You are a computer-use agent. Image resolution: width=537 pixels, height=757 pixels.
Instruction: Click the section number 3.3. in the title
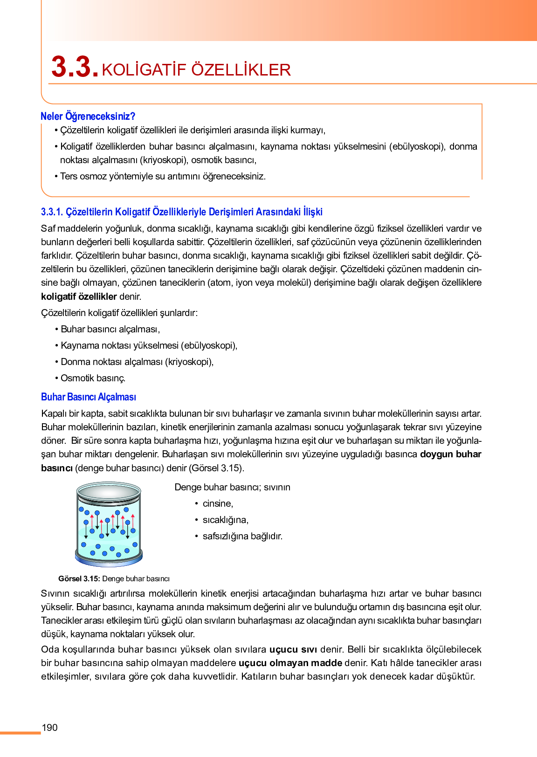point(75,67)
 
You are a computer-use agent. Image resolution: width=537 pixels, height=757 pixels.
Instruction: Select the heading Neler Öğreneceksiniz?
point(88,116)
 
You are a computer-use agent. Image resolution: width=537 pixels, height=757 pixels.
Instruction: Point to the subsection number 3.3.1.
point(52,212)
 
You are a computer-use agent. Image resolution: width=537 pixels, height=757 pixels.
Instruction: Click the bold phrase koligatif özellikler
point(79,296)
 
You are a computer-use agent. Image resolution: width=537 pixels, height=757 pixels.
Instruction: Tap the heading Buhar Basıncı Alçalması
point(89,397)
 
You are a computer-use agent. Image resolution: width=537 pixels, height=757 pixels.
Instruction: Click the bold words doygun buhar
point(450,454)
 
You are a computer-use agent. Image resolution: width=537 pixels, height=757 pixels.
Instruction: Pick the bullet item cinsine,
point(218,503)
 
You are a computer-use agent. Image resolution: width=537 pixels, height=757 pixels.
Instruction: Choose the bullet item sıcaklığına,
point(226,520)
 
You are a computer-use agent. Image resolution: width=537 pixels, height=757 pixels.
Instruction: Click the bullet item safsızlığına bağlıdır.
point(242,536)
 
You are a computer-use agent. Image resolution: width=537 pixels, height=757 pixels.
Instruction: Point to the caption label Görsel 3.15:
point(79,579)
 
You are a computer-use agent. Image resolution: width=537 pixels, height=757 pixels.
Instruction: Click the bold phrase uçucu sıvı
point(293,649)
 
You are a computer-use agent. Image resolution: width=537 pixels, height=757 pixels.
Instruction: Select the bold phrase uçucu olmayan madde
point(290,663)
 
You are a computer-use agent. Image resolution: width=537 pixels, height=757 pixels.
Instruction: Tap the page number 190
point(50,728)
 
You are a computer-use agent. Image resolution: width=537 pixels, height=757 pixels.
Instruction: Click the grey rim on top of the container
point(109,489)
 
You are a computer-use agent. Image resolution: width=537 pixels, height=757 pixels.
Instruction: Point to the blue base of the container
point(109,561)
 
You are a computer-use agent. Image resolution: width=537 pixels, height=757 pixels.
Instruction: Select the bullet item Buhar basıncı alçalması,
point(110,329)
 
